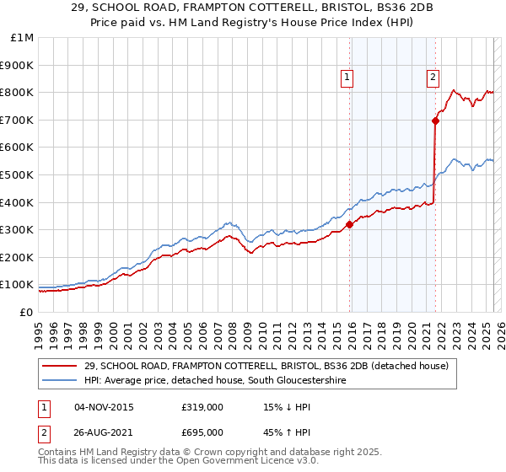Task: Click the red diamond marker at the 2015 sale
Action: [x=350, y=224]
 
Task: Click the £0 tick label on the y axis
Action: [x=27, y=312]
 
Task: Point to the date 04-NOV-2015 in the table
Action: [x=105, y=408]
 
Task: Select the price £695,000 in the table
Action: [x=202, y=432]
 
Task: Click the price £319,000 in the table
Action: [x=202, y=408]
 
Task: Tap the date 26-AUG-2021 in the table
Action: [x=105, y=432]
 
